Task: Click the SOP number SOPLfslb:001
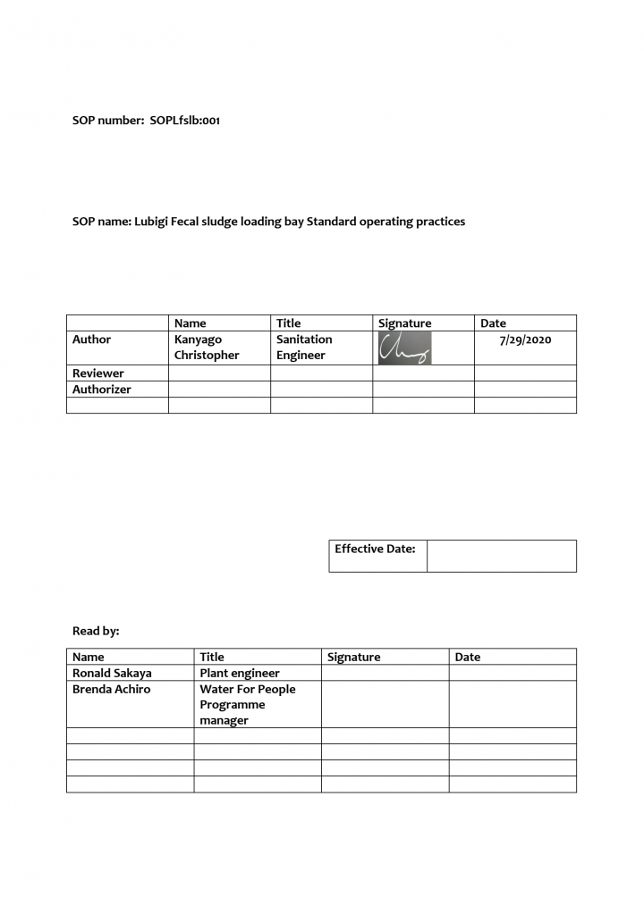pyautogui.click(x=184, y=121)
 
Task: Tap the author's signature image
pyautogui.click(x=404, y=348)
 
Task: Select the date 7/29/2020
pyautogui.click(x=525, y=340)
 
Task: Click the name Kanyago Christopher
pyautogui.click(x=207, y=348)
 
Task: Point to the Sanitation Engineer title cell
pyautogui.click(x=304, y=348)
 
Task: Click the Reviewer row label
pyautogui.click(x=98, y=373)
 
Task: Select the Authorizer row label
pyautogui.click(x=102, y=390)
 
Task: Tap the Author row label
pyautogui.click(x=92, y=340)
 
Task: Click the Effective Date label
pyautogui.click(x=375, y=549)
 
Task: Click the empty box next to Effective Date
pyautogui.click(x=501, y=556)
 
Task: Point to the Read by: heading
pyautogui.click(x=96, y=632)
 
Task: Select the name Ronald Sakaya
pyautogui.click(x=112, y=674)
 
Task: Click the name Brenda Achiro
pyautogui.click(x=112, y=690)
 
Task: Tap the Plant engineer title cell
pyautogui.click(x=240, y=674)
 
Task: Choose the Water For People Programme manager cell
pyautogui.click(x=248, y=705)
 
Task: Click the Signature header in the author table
pyautogui.click(x=404, y=323)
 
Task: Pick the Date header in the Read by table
pyautogui.click(x=468, y=658)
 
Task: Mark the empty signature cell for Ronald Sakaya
pyautogui.click(x=385, y=674)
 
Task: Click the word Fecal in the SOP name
pyautogui.click(x=194, y=222)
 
